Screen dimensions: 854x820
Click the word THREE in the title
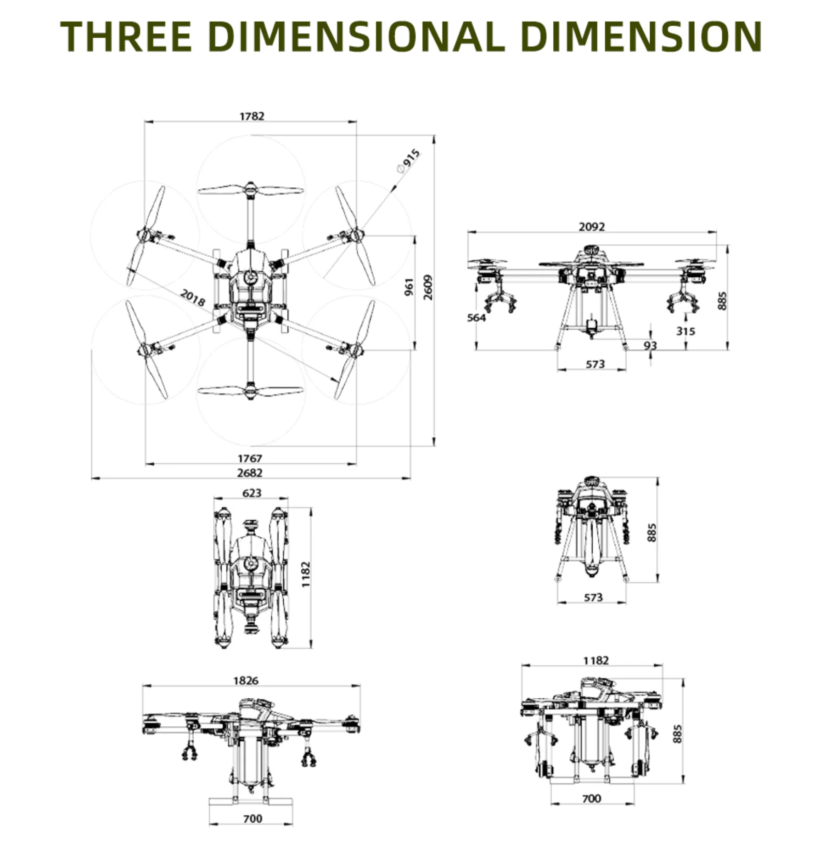(x=126, y=37)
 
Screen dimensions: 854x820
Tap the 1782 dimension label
(x=252, y=116)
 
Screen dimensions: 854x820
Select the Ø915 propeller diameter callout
(x=408, y=161)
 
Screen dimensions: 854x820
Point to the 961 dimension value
(x=409, y=287)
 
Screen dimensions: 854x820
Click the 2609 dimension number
(x=428, y=287)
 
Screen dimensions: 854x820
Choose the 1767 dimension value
(x=250, y=458)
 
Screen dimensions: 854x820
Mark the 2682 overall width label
(x=250, y=472)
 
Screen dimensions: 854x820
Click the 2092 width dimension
(x=592, y=227)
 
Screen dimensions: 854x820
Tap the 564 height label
(x=476, y=317)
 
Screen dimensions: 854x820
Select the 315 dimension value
(x=685, y=331)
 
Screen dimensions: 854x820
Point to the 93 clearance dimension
(x=650, y=345)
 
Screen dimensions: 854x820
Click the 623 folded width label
(x=252, y=493)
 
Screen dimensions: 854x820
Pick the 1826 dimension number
(x=246, y=680)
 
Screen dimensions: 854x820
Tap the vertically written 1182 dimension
(x=306, y=574)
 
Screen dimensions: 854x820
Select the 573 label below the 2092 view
(x=595, y=364)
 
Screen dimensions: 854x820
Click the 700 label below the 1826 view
(x=253, y=818)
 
